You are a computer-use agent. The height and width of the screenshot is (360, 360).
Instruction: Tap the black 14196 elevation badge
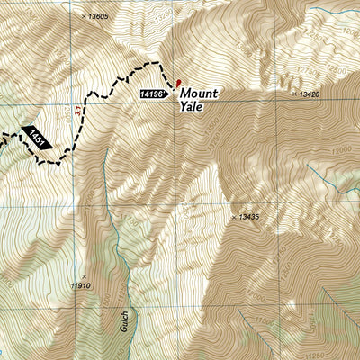(x=154, y=93)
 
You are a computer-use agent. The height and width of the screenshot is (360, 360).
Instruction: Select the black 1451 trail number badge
(x=37, y=136)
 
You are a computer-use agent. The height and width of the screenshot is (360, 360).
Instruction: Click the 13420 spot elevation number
(x=307, y=94)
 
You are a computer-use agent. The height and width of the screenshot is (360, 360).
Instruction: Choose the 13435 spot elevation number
(x=245, y=217)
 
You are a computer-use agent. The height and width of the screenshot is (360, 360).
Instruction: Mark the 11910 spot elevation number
(x=82, y=285)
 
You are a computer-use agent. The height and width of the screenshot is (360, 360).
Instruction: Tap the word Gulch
(x=123, y=321)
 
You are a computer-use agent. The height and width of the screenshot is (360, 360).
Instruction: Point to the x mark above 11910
(x=84, y=275)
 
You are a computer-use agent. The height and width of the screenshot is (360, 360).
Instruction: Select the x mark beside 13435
(x=233, y=217)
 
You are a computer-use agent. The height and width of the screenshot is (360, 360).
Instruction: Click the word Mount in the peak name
(x=199, y=92)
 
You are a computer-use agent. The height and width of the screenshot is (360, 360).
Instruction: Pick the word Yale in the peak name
(x=192, y=106)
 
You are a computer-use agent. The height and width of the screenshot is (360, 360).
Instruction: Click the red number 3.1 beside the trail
(x=80, y=111)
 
